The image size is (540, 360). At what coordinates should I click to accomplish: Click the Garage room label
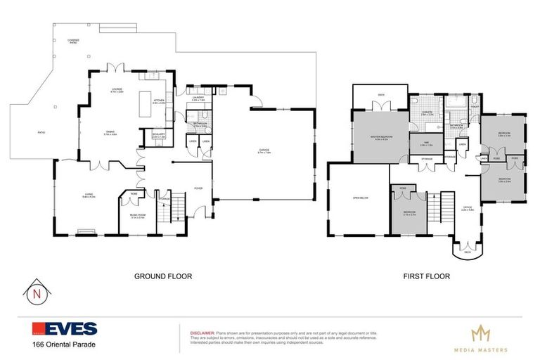(264, 150)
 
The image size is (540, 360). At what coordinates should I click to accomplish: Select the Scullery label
(158, 135)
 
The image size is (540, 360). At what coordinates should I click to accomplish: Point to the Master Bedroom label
(381, 139)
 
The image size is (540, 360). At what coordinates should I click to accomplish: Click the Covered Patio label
(73, 41)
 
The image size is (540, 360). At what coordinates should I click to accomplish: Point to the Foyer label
(199, 188)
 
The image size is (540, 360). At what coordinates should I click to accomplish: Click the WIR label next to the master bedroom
(426, 144)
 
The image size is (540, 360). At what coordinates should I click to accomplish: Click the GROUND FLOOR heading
(163, 276)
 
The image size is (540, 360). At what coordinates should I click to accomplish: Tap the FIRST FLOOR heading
(427, 276)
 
